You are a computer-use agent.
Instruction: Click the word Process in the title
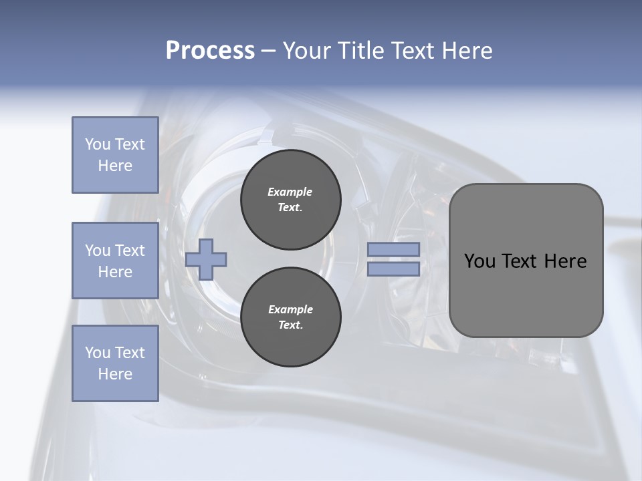pyautogui.click(x=210, y=51)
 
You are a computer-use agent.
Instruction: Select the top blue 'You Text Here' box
pyautogui.click(x=115, y=155)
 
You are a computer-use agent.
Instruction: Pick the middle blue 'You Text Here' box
pyautogui.click(x=115, y=261)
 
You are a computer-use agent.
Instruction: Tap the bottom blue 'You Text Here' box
pyautogui.click(x=115, y=363)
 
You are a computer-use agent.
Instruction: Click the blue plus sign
pyautogui.click(x=206, y=259)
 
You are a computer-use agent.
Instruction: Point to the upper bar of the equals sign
pyautogui.click(x=393, y=249)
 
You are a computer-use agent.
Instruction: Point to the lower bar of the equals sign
pyautogui.click(x=393, y=269)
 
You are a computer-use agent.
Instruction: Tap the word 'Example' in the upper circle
pyautogui.click(x=290, y=192)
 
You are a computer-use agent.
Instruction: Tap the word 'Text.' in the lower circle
pyautogui.click(x=290, y=325)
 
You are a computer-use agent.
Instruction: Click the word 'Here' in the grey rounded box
pyautogui.click(x=566, y=261)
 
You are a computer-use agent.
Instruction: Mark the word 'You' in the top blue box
pyautogui.click(x=97, y=144)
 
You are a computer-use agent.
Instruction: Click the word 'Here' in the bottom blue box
pyautogui.click(x=115, y=374)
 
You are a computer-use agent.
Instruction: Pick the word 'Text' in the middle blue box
pyautogui.click(x=129, y=251)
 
